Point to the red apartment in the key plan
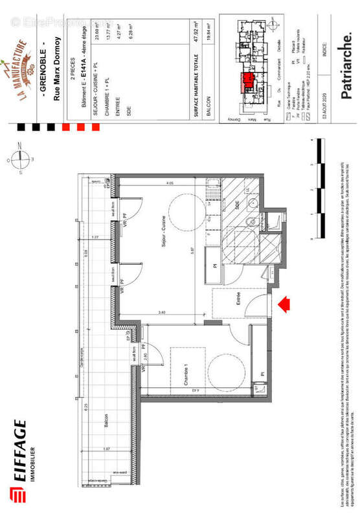[247, 84]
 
